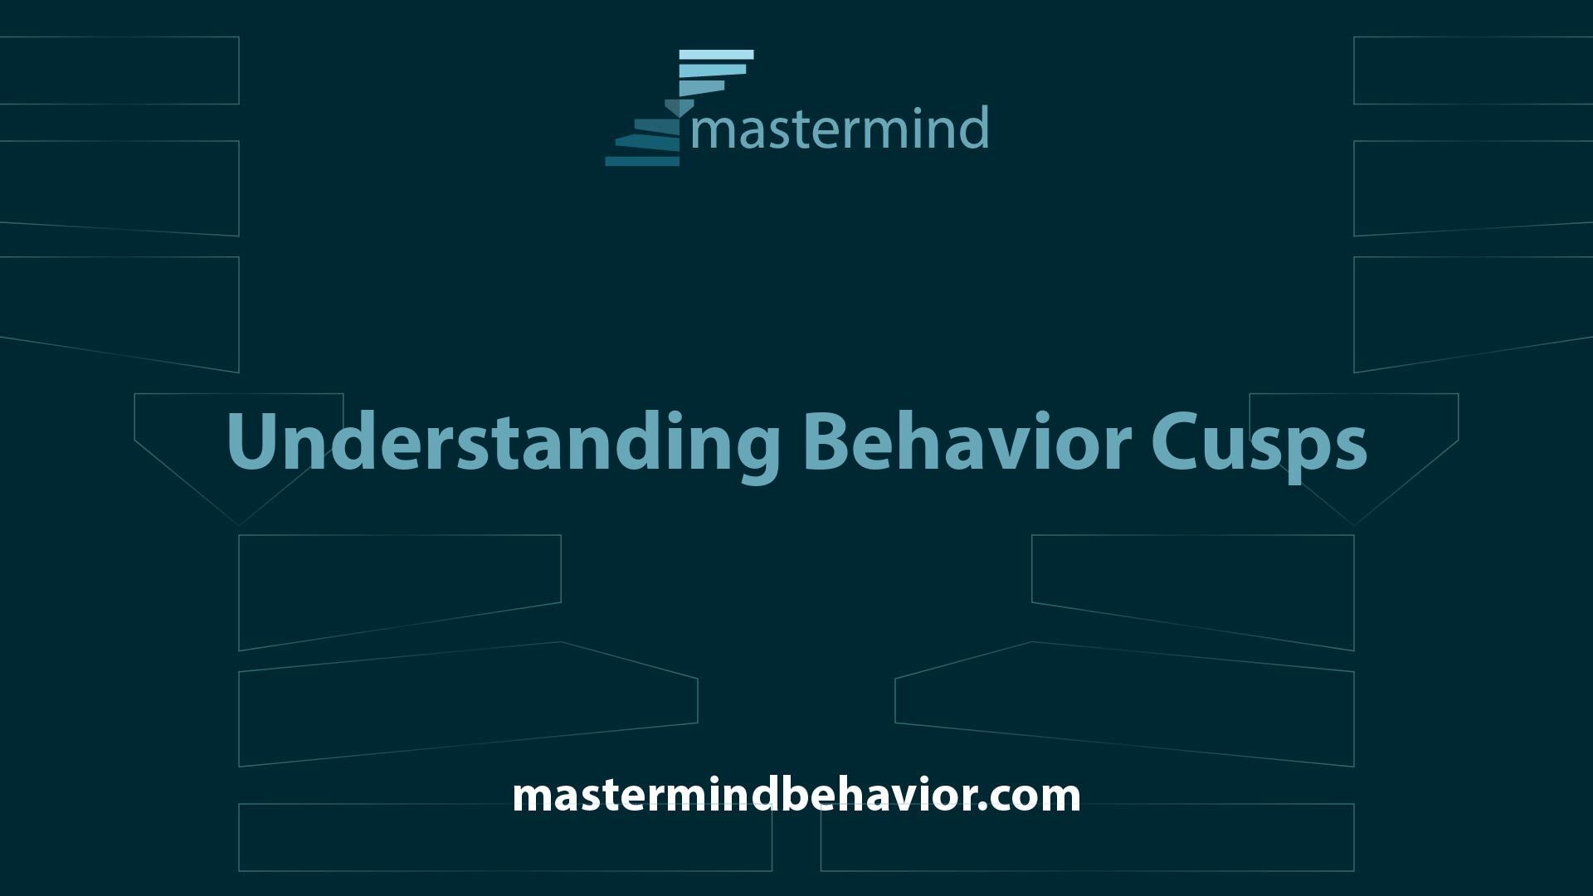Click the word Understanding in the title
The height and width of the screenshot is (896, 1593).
502,445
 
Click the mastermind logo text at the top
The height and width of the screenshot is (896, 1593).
839,128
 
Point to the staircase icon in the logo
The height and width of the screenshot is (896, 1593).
680,108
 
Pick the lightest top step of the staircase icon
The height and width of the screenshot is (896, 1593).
716,55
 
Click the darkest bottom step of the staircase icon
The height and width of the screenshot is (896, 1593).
642,161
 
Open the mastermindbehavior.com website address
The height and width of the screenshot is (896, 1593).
796,795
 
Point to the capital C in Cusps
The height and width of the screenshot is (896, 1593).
1172,441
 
